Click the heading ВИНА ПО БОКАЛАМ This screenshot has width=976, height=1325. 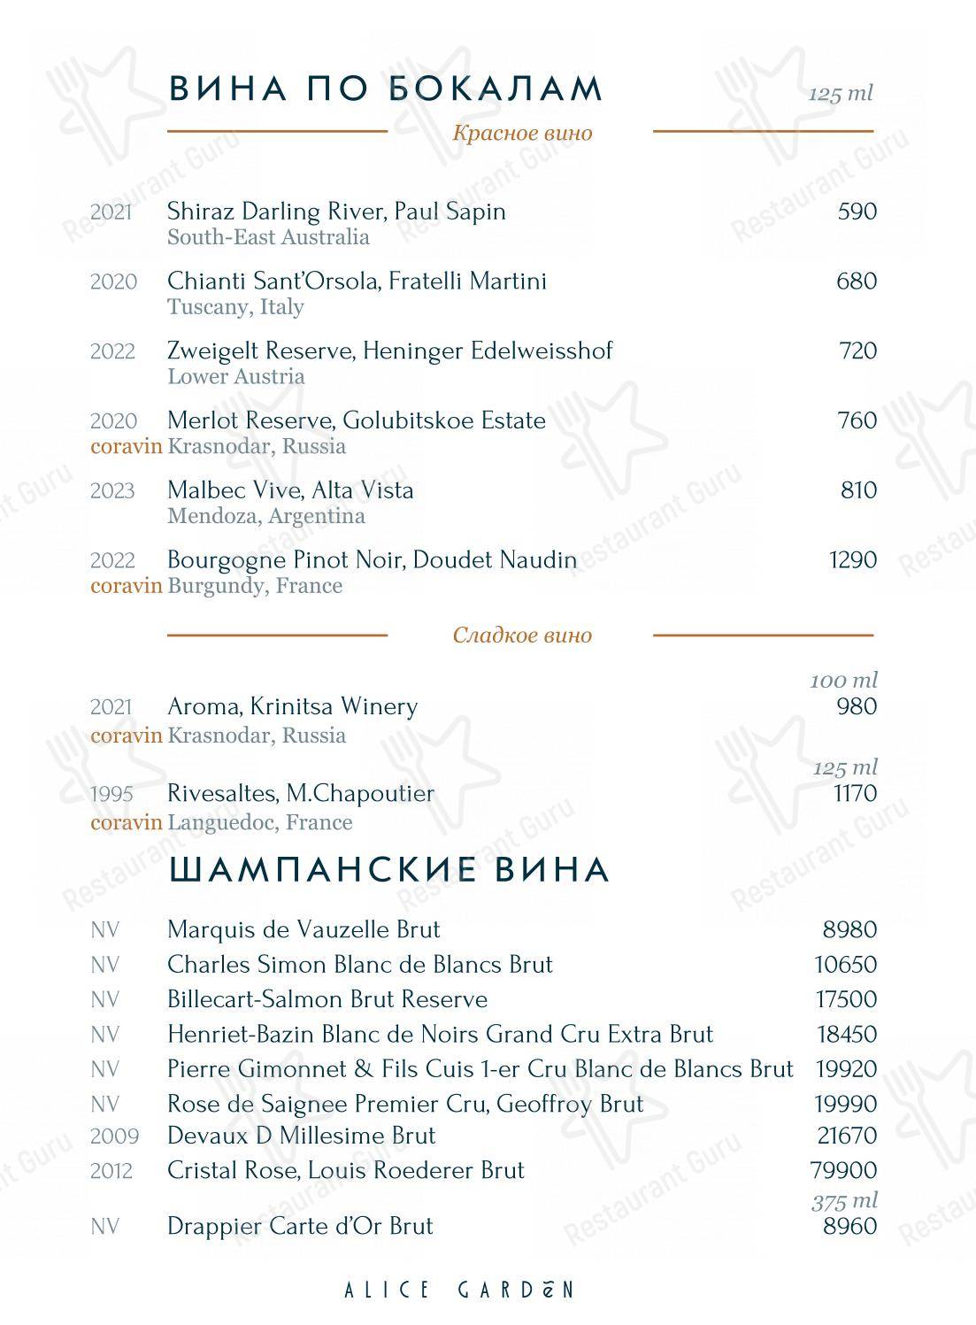tap(385, 89)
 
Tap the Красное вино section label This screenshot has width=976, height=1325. tap(522, 134)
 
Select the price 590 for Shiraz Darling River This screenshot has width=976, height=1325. tap(857, 212)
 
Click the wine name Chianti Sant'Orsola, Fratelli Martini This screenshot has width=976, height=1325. tap(357, 281)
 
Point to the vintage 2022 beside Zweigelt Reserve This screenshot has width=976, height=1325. tap(112, 351)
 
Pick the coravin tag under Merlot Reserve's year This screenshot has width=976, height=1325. tap(127, 446)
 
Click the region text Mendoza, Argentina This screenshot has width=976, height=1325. tap(265, 516)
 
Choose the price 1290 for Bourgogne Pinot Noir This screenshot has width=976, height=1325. tap(852, 560)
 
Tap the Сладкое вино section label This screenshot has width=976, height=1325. tap(522, 636)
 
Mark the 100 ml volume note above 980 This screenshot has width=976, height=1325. tap(843, 681)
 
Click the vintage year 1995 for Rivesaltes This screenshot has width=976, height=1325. tap(111, 795)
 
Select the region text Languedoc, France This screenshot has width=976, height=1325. tap(260, 823)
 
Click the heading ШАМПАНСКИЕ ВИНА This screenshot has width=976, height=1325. tap(389, 870)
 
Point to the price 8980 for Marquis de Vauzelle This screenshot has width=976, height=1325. tap(849, 930)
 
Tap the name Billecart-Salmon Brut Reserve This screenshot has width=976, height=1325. tap(327, 999)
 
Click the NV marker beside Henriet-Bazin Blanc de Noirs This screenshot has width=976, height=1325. tap(104, 1035)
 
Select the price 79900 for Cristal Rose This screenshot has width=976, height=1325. tap(843, 1171)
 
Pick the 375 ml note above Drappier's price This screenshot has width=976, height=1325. tap(844, 1201)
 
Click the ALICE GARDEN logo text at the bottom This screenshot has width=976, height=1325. tap(458, 1290)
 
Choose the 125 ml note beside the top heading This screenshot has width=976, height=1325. tap(840, 94)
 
